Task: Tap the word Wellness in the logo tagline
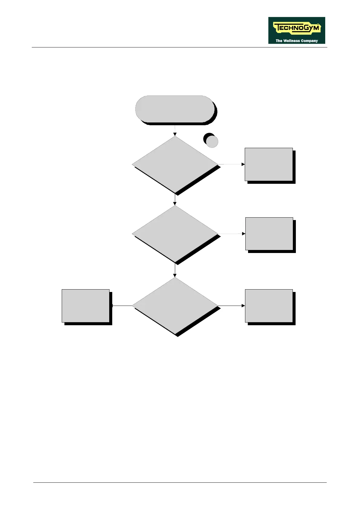(292, 41)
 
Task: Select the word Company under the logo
(309, 41)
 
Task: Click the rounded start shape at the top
(175, 109)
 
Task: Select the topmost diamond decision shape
(175, 164)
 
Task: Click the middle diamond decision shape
(175, 234)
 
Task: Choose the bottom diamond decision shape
(175, 306)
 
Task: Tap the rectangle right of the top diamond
(269, 164)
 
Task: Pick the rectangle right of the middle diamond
(269, 234)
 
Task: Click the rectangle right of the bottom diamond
(269, 306)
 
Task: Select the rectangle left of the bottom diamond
(86, 306)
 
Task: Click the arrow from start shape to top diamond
(175, 130)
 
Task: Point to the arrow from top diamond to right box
(231, 164)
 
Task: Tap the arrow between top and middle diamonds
(175, 200)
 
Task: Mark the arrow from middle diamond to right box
(232, 234)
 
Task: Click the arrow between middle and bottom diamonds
(175, 271)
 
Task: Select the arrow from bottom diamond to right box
(231, 306)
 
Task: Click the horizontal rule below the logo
(180, 47)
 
